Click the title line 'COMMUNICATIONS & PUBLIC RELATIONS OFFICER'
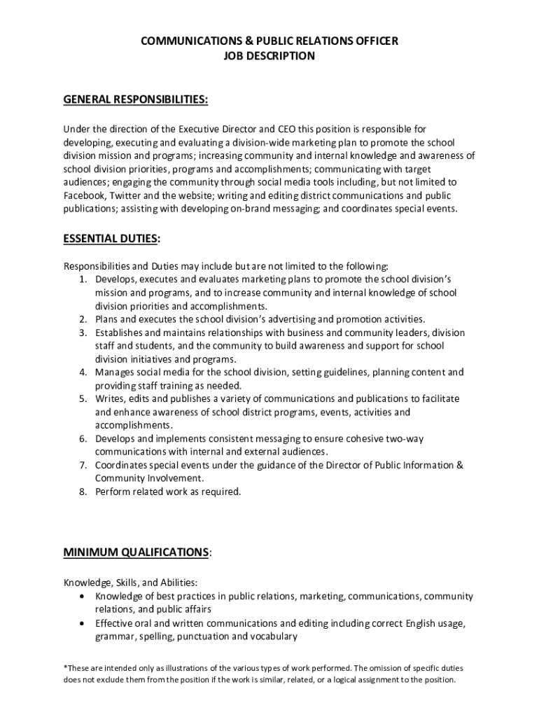tap(269, 41)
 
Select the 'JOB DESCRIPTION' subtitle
tap(269, 56)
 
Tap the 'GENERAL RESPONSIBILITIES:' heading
tap(136, 99)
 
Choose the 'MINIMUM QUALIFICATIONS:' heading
tap(137, 553)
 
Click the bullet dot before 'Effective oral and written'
tap(84, 623)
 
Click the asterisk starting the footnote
tap(66, 667)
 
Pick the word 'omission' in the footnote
tap(374, 667)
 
